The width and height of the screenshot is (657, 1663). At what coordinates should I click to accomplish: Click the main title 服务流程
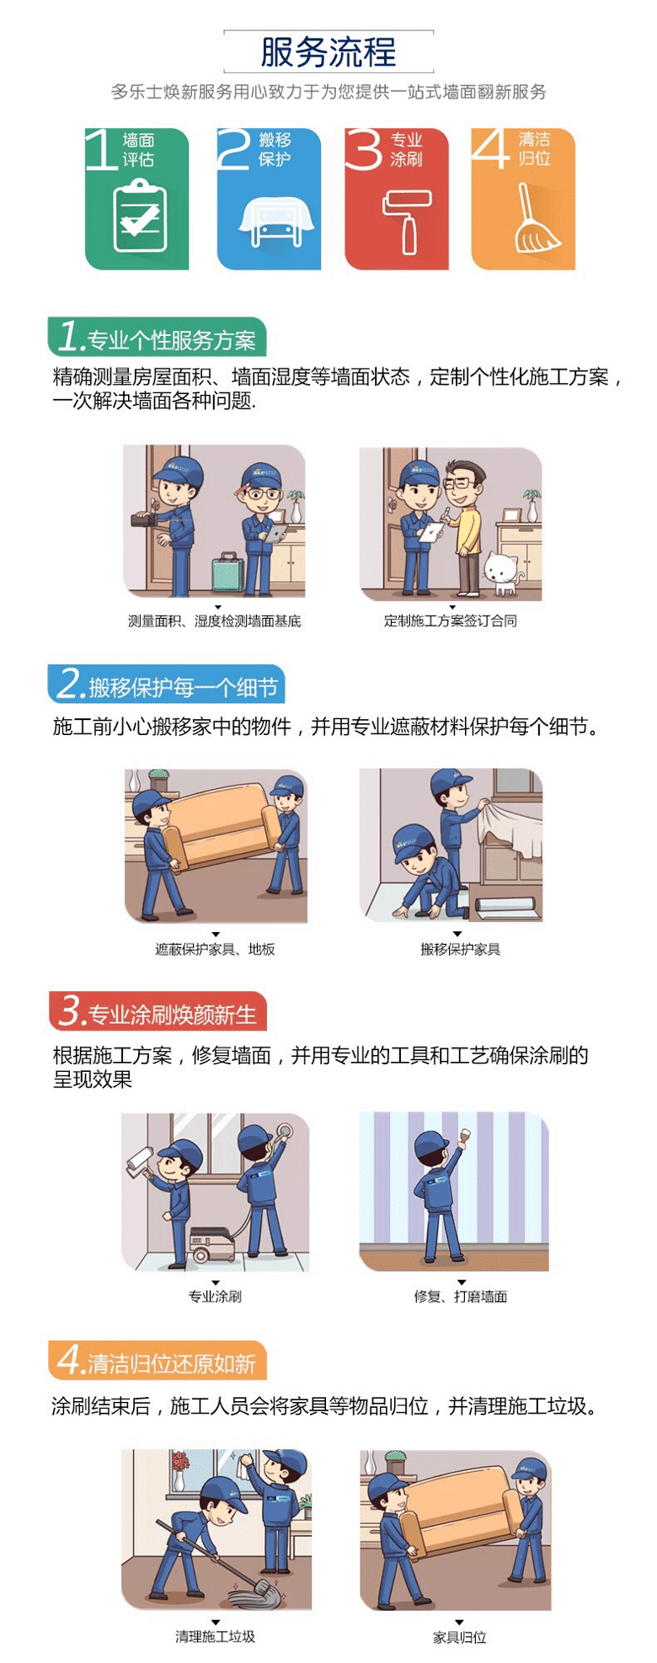[328, 52]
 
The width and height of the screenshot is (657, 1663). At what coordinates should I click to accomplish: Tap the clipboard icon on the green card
[140, 217]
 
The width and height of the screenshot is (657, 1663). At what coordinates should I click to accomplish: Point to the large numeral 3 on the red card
[364, 149]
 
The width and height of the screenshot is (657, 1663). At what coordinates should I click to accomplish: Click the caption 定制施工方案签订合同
[451, 621]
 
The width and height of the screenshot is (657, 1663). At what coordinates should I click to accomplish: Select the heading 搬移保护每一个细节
[183, 688]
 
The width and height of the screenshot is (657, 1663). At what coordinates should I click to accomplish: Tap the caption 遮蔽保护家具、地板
[216, 949]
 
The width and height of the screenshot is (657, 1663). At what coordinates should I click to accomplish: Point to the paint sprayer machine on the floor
[212, 1242]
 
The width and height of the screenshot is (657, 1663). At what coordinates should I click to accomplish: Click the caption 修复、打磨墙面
[461, 1297]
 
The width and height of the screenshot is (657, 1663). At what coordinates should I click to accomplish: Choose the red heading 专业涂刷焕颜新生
[172, 1015]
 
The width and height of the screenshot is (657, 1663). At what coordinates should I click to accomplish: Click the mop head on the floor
[260, 1592]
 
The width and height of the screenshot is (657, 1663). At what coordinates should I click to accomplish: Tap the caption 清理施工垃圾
[216, 1637]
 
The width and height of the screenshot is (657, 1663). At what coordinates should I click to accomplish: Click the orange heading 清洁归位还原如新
[172, 1363]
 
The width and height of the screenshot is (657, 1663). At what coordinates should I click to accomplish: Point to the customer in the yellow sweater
[464, 525]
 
